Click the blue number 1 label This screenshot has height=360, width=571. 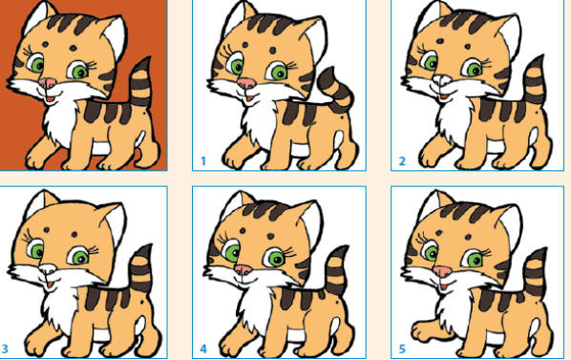click(x=203, y=160)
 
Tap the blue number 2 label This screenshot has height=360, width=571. click(x=402, y=160)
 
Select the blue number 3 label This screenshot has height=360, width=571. click(x=5, y=349)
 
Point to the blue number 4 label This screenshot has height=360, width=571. click(x=203, y=349)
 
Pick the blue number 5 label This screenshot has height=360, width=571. click(x=402, y=349)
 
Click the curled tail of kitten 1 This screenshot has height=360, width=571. click(x=337, y=90)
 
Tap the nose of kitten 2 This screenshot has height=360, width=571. click(x=442, y=78)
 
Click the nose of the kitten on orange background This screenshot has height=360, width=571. click(x=48, y=83)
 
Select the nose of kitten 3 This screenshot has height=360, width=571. click(x=48, y=269)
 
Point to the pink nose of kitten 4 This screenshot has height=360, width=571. click(x=243, y=269)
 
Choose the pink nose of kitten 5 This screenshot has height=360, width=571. click(x=442, y=271)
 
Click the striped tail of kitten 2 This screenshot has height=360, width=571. click(x=534, y=81)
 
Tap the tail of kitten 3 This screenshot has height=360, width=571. click(x=142, y=268)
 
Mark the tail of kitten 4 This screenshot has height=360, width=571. click(x=337, y=270)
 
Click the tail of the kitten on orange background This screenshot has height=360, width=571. click(x=141, y=82)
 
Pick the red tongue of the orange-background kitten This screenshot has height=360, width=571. click(x=50, y=98)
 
